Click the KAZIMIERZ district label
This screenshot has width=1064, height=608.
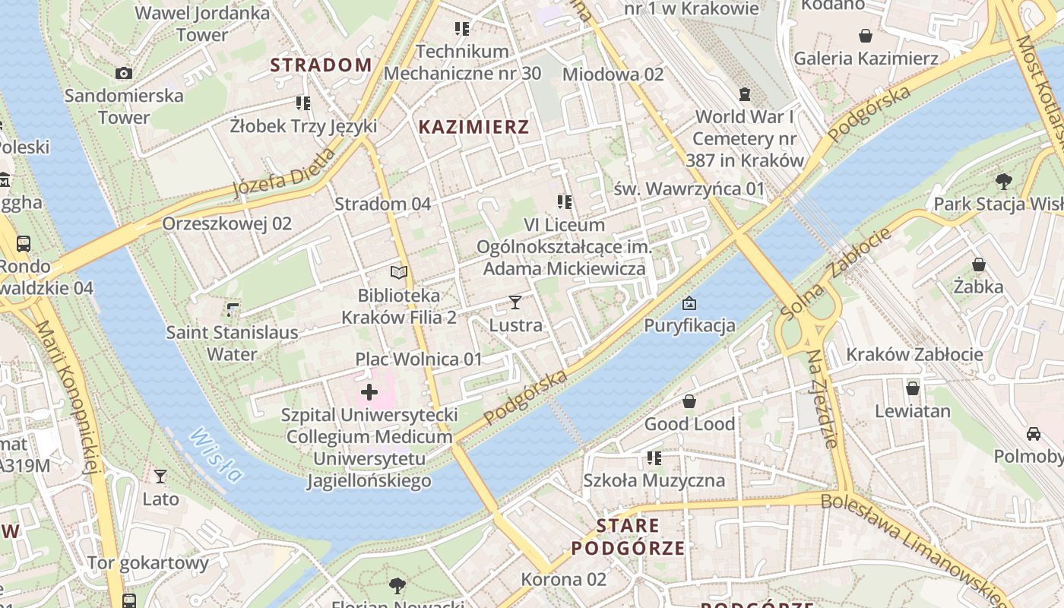tap(473, 127)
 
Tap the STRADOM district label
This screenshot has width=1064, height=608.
tap(321, 65)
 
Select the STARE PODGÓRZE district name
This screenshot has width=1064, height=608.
tap(628, 537)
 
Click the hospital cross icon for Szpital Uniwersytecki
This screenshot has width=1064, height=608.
tap(369, 392)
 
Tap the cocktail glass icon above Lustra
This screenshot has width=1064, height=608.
tap(515, 302)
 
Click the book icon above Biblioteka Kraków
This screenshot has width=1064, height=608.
tap(399, 272)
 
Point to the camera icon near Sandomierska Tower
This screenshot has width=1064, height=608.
tap(124, 73)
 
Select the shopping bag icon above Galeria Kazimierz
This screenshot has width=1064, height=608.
tap(865, 36)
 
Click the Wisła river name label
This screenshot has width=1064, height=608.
tap(217, 454)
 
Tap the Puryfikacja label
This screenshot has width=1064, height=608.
tap(689, 326)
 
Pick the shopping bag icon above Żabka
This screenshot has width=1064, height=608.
tap(979, 264)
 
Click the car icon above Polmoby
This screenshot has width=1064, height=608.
tap(1034, 433)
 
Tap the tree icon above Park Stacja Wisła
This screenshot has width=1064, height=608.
tap(1003, 181)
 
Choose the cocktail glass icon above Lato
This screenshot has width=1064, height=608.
tap(160, 477)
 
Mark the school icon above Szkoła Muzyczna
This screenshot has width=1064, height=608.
tap(654, 458)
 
